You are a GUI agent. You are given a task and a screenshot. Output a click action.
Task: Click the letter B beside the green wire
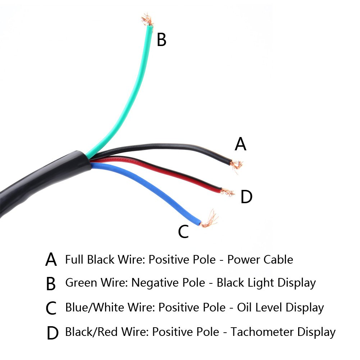[x=161, y=40]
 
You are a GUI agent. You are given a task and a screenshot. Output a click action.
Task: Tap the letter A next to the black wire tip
[x=240, y=144]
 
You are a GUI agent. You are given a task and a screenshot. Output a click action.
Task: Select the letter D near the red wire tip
[x=246, y=197]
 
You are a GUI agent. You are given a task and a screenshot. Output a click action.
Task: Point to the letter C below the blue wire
[x=183, y=232]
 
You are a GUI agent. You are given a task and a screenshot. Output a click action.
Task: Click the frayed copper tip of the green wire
[x=147, y=20]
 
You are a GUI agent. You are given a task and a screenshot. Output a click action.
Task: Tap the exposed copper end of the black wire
[x=236, y=165]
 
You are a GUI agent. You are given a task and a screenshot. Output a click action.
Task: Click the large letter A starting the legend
[x=51, y=260]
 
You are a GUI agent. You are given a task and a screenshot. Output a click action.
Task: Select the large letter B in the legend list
[x=51, y=284]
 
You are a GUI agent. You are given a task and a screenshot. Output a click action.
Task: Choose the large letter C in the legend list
[x=51, y=308]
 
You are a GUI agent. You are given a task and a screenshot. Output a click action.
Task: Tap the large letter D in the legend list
[x=52, y=333]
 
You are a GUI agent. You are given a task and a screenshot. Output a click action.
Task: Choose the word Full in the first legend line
[x=74, y=259]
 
